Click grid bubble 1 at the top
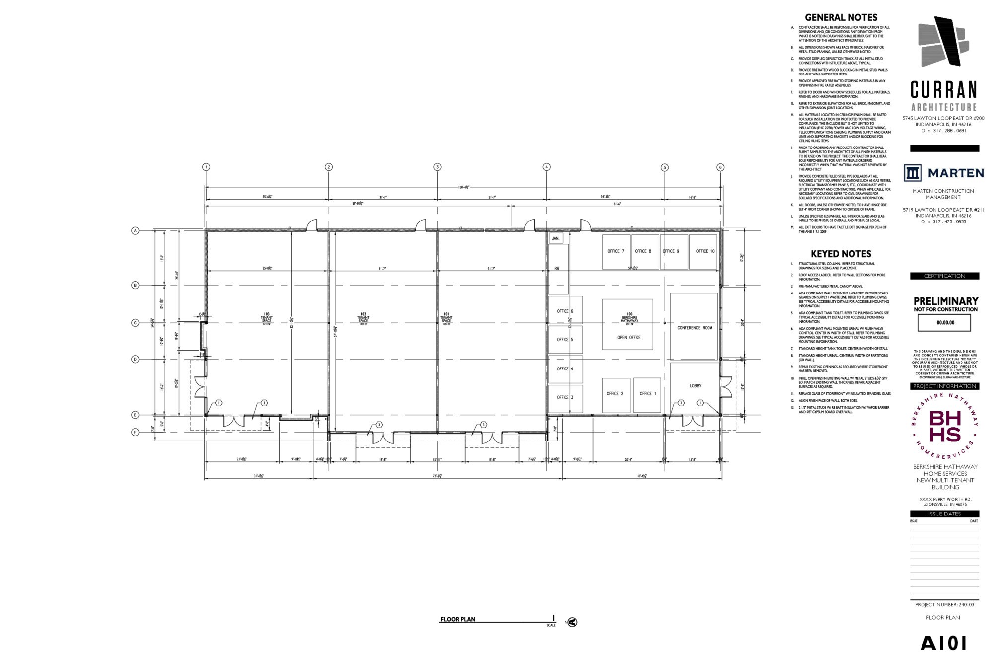[x=206, y=167]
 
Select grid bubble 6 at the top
[x=720, y=167]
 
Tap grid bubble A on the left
[x=135, y=231]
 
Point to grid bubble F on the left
[x=135, y=432]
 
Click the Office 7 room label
[x=616, y=251]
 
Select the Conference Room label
[x=695, y=328]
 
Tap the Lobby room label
[x=695, y=386]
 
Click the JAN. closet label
[x=556, y=239]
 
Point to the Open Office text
[x=629, y=338]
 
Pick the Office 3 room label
[x=565, y=397]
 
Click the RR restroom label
[x=557, y=269]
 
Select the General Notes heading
[x=841, y=17]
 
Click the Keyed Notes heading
[x=841, y=254]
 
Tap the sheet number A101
[x=943, y=644]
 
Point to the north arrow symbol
[x=572, y=622]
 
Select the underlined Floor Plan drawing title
[x=457, y=619]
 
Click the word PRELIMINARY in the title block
[x=945, y=301]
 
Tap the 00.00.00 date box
[x=944, y=323]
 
